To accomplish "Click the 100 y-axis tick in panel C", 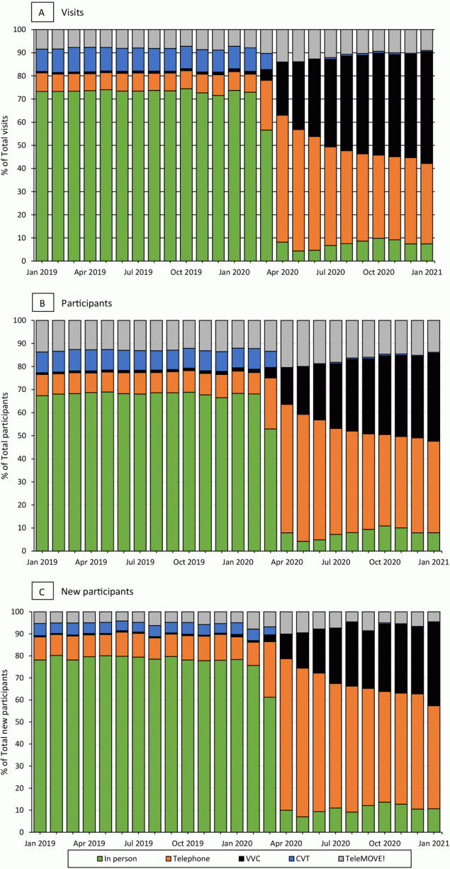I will coord(20,612).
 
